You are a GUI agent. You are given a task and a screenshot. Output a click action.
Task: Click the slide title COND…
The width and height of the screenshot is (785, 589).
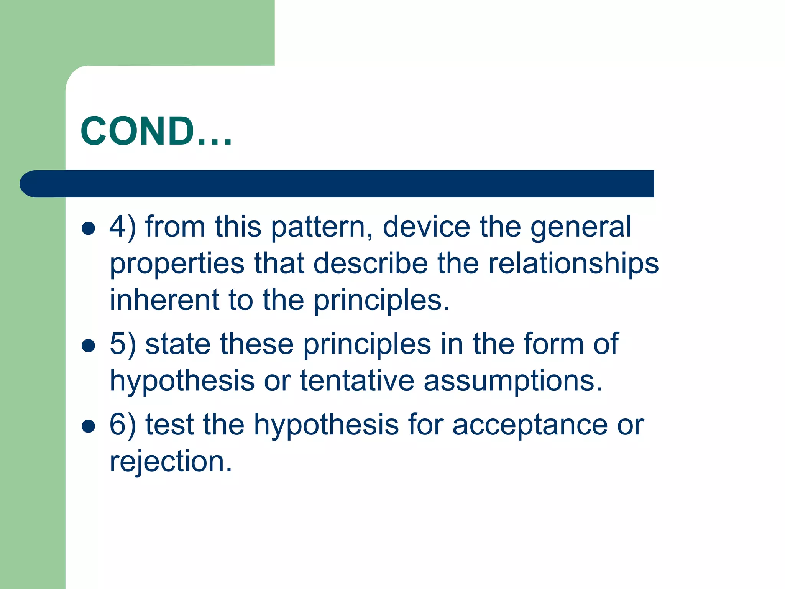156,131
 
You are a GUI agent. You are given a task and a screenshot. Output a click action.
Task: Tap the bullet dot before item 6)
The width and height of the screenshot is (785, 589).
89,426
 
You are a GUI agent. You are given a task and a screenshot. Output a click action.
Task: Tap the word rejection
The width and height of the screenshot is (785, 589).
171,462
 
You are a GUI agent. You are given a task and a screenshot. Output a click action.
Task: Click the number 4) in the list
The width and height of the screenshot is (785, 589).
123,227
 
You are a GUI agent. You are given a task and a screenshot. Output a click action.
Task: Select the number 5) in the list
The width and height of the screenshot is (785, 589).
123,344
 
